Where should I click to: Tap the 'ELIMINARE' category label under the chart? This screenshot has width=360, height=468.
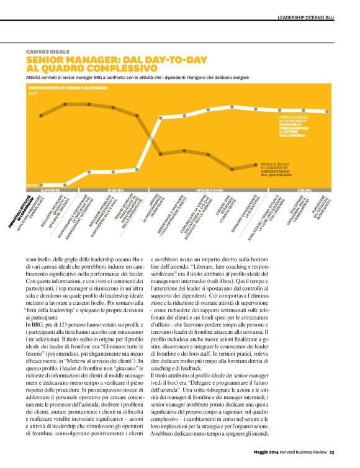[52, 189]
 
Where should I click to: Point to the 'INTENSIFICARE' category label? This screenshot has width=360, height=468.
[210, 189]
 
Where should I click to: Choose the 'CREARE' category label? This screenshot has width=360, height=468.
[304, 189]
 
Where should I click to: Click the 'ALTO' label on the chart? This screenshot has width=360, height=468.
[33, 93]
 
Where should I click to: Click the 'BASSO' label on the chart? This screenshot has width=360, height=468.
[32, 184]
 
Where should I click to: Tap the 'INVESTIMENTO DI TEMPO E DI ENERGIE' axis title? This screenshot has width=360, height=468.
[68, 88]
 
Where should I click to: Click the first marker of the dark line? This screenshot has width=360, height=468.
[41, 115]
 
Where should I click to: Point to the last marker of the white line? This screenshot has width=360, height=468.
[326, 111]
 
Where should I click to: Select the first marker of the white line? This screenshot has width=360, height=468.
[41, 184]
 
